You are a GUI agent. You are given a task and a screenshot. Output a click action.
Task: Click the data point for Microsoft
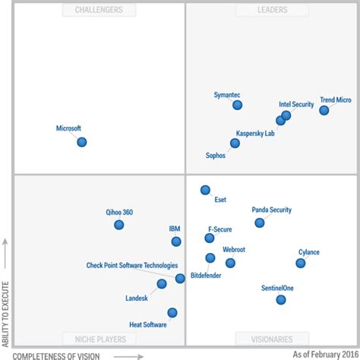[x=82, y=142]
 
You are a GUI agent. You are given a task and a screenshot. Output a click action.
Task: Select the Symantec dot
[x=237, y=105]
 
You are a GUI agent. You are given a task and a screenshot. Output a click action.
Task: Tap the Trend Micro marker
[x=324, y=110]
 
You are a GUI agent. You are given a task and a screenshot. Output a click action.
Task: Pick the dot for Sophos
[x=235, y=143]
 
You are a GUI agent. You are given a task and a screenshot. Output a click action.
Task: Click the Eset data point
[x=205, y=190]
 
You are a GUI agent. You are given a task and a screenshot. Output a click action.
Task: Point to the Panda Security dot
[x=260, y=223]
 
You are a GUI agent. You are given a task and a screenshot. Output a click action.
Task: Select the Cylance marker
[x=301, y=263]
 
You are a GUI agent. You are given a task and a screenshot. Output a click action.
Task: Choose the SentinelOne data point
[x=281, y=300]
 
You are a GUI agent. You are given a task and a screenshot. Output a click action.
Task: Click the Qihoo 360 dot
[x=118, y=225]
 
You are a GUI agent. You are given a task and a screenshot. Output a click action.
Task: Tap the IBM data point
[x=176, y=242]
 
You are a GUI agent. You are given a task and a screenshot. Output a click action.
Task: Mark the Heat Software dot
[x=172, y=312]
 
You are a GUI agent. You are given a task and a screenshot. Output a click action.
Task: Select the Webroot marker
[x=230, y=263]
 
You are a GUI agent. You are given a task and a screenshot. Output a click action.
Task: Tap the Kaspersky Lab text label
[x=255, y=133]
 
